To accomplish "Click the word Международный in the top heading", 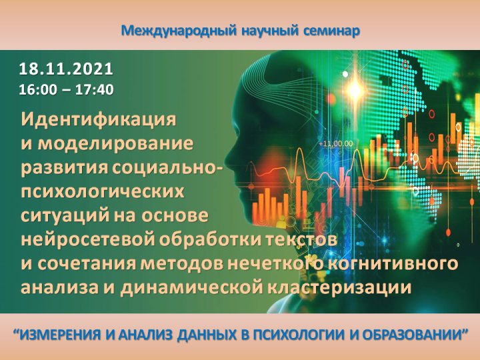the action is tap(179, 31).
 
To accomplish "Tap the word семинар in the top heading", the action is tap(331, 31).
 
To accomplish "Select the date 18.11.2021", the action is tap(66, 69).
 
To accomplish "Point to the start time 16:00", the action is tap(38, 90).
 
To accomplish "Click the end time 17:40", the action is tap(94, 90).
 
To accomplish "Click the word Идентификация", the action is tap(98, 120).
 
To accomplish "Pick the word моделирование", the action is tap(115, 143).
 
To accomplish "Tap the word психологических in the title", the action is tap(103, 192).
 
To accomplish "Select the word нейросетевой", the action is tap(88, 240).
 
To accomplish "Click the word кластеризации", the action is tap(339, 288).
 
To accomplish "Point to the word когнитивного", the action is tap(393, 263).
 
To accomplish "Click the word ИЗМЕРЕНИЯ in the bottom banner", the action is tap(61, 335).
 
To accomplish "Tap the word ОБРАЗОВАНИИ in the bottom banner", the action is tap(411, 335).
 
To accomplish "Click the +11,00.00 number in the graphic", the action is tap(336, 143).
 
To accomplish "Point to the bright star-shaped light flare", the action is tap(355, 89).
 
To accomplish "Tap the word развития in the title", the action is tap(65, 168).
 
